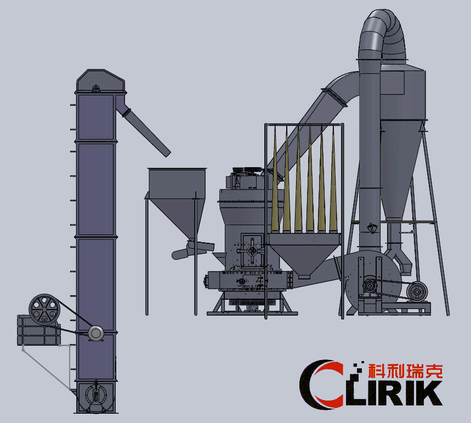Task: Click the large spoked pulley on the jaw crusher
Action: pyautogui.click(x=44, y=310)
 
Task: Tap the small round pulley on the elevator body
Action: pyautogui.click(x=96, y=332)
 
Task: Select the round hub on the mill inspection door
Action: pyautogui.click(x=252, y=250)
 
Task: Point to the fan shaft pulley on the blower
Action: pyautogui.click(x=371, y=285)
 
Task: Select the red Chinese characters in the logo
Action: pyautogui.click(x=405, y=370)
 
